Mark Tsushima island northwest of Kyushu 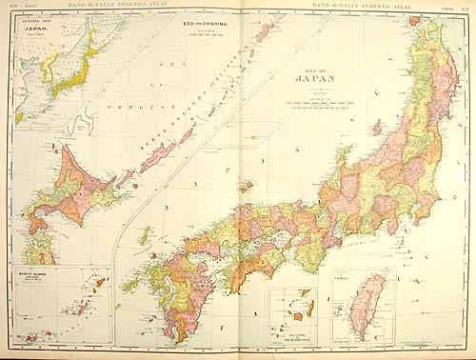pos(142,234)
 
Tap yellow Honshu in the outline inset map pos(71,67)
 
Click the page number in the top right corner pos(464,7)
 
